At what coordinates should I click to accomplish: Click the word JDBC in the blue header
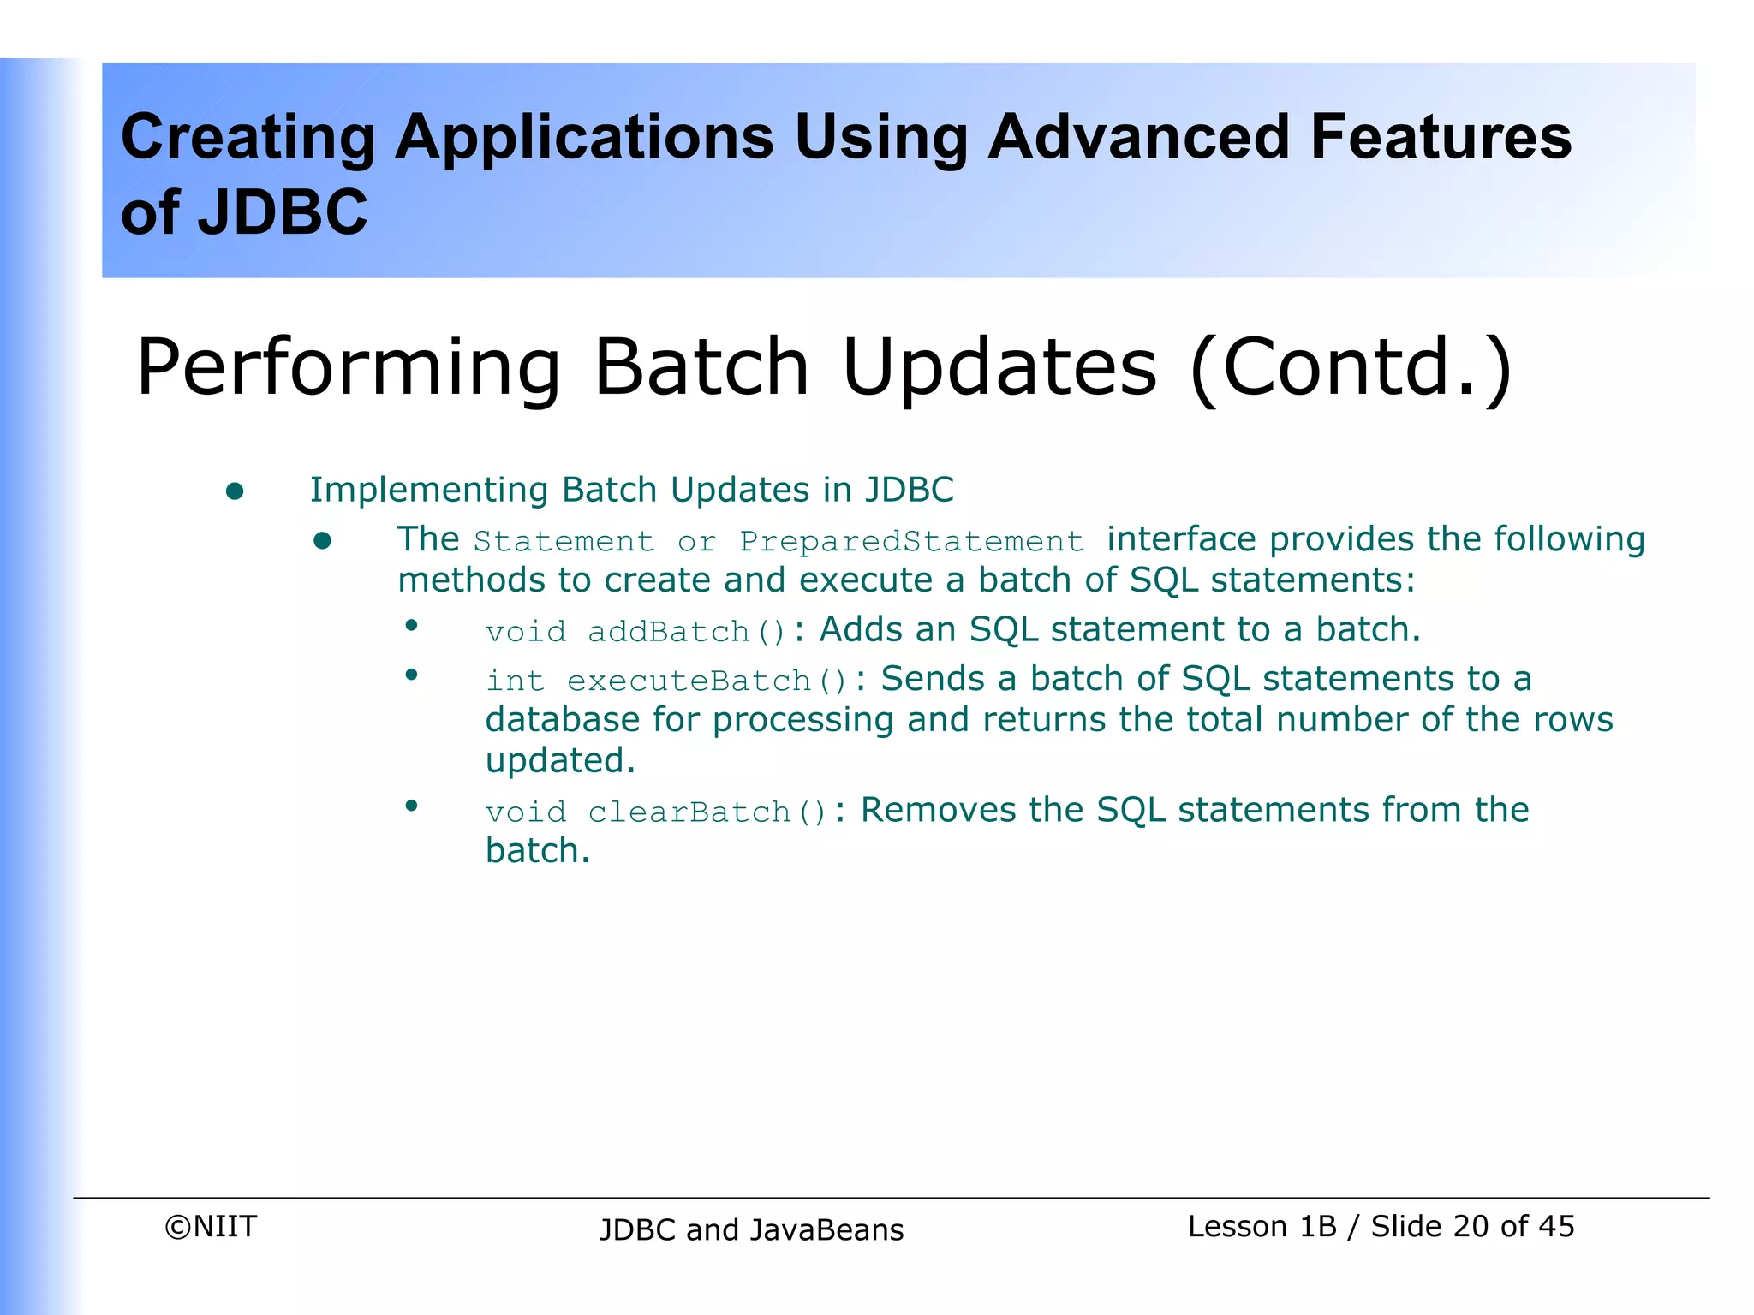click(282, 212)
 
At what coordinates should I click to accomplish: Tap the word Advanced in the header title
click(1138, 137)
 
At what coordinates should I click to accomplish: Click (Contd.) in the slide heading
click(1351, 368)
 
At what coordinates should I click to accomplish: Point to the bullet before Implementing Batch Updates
click(235, 491)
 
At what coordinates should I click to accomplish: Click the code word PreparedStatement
click(912, 542)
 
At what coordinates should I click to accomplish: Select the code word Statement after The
click(564, 542)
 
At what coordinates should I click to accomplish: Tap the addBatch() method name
click(686, 632)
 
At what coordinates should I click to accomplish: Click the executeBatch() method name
click(707, 681)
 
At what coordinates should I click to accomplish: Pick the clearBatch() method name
click(707, 812)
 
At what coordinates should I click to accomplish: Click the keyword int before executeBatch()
click(515, 681)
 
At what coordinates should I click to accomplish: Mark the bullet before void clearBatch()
click(412, 805)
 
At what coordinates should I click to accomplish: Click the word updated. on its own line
click(560, 760)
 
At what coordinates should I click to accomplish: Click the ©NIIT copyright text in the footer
click(211, 1226)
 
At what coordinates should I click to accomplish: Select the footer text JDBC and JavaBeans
click(751, 1229)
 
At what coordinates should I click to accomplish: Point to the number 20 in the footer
click(1471, 1226)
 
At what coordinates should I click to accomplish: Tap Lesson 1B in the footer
click(1262, 1226)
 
